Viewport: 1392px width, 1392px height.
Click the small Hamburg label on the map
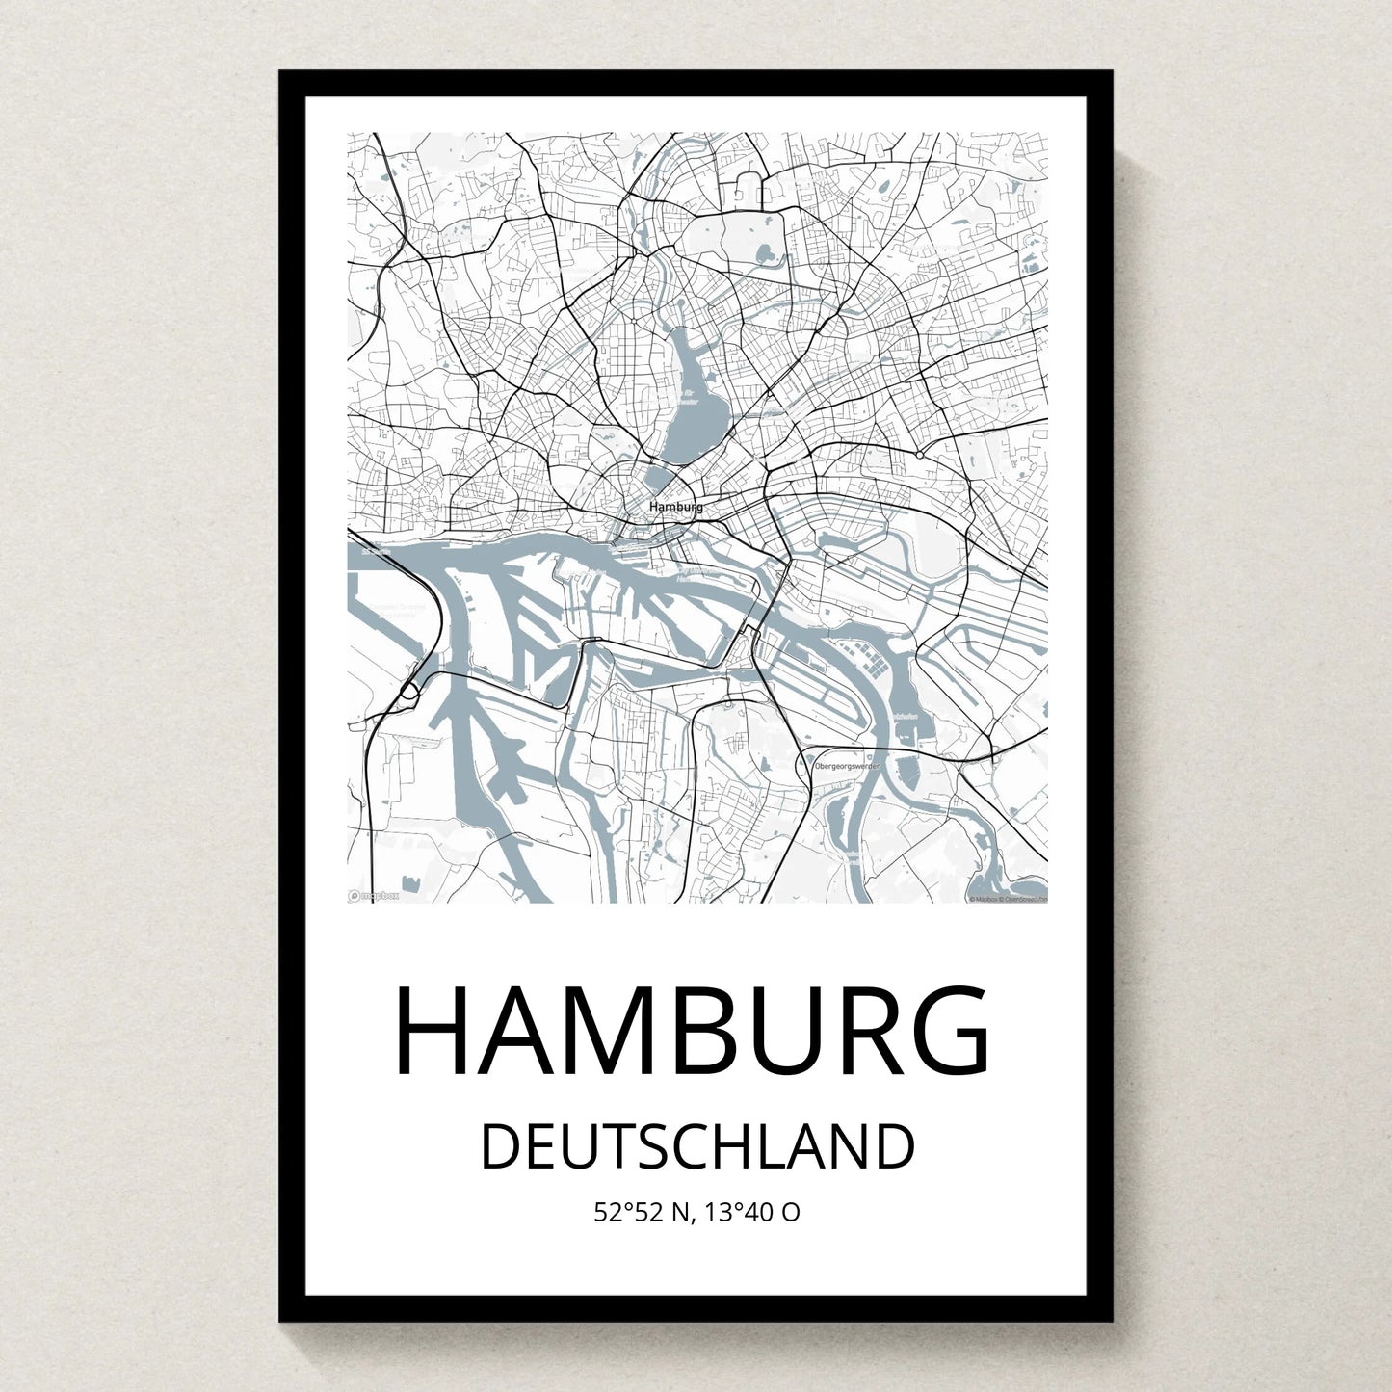pyautogui.click(x=675, y=507)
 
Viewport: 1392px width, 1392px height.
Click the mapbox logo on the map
pyautogui.click(x=374, y=895)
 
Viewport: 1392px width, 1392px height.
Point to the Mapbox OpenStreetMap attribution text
pyautogui.click(x=1007, y=899)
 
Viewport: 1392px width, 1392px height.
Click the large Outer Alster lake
pyautogui.click(x=695, y=405)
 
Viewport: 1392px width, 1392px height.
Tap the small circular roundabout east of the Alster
pyautogui.click(x=920, y=454)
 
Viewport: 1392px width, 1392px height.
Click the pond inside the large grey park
pyautogui.click(x=765, y=254)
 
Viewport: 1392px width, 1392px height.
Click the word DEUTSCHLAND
pyautogui.click(x=696, y=1146)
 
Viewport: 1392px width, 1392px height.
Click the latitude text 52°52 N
pyautogui.click(x=643, y=1212)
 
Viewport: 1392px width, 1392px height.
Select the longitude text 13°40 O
pyautogui.click(x=751, y=1212)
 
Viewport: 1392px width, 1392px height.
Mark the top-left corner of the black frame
pyautogui.click(x=281, y=72)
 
